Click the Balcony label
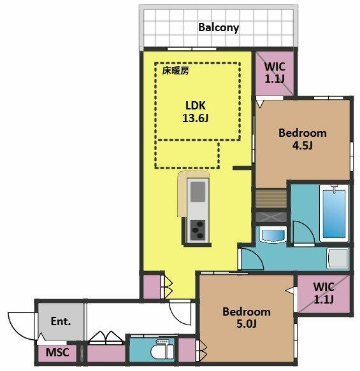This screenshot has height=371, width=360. [219, 27]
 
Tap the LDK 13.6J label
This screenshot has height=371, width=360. [196, 111]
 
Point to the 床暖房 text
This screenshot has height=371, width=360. [175, 71]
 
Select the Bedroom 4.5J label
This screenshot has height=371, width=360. [303, 139]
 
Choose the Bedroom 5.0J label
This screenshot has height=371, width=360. [247, 318]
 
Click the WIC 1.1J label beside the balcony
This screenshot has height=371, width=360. [275, 73]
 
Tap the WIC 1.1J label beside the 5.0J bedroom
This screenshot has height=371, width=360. [324, 293]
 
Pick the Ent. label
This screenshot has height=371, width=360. [61, 321]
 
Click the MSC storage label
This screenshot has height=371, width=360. [57, 353]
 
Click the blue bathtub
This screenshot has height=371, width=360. [334, 213]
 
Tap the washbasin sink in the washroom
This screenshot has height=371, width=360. [273, 235]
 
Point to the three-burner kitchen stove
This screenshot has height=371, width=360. [198, 230]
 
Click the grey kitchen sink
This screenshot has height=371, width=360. [198, 192]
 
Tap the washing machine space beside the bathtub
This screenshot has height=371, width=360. [338, 258]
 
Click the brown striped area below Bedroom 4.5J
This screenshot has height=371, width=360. [271, 199]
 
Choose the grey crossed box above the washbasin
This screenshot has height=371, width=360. [271, 217]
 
